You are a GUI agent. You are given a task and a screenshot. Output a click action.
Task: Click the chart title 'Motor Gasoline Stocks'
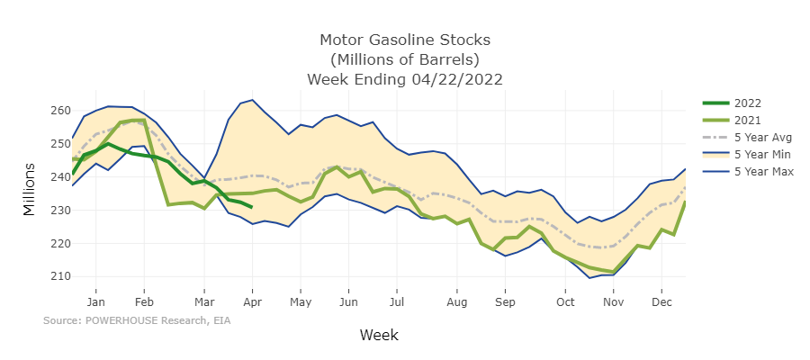[x=404, y=40]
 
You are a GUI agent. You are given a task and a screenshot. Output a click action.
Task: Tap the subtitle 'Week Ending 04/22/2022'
[x=404, y=79]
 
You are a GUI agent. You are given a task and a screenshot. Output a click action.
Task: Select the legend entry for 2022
[x=747, y=102]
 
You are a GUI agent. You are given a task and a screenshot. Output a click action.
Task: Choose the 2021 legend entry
[x=747, y=120]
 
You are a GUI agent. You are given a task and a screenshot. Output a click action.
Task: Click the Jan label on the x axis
[x=96, y=302]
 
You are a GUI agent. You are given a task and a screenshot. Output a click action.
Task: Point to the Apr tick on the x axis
[x=252, y=302]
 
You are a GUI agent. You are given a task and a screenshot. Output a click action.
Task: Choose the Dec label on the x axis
[x=661, y=302]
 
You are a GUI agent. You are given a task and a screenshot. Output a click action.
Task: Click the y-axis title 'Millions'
[x=30, y=191]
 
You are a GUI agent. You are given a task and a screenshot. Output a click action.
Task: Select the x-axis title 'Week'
[x=379, y=335]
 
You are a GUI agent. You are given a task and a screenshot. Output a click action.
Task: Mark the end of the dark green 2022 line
[x=252, y=207]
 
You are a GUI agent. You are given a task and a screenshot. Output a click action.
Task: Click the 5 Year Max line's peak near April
[x=253, y=100]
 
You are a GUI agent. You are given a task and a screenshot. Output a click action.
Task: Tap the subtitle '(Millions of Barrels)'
[x=404, y=60]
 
